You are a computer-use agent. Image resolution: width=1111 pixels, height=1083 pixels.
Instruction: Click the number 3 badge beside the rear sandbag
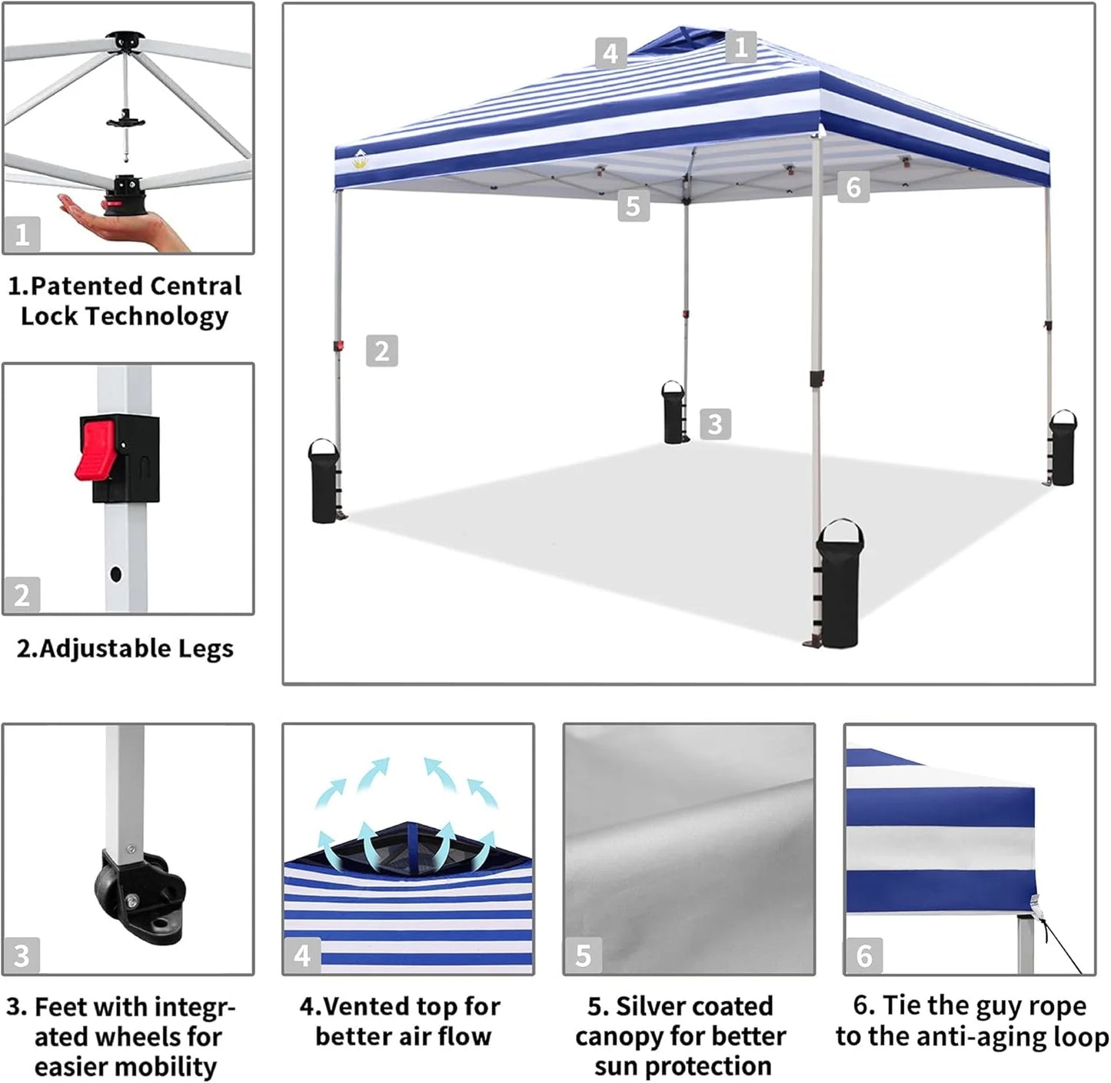(x=715, y=424)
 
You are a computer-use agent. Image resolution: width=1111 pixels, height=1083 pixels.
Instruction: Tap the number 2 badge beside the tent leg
(x=381, y=350)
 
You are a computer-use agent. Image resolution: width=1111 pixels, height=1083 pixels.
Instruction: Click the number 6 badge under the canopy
(x=853, y=186)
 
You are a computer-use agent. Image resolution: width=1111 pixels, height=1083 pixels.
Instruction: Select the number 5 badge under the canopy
(x=633, y=205)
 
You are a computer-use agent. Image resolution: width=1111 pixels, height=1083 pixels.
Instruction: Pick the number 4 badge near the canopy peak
(x=610, y=53)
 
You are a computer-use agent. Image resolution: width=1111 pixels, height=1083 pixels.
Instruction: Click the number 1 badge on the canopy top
(x=740, y=47)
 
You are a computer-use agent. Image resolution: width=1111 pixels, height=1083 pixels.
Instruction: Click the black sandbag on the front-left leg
(x=324, y=481)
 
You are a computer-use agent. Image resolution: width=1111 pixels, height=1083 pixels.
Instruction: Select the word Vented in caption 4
(x=364, y=1006)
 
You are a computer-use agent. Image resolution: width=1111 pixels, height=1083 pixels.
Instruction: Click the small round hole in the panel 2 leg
(x=115, y=573)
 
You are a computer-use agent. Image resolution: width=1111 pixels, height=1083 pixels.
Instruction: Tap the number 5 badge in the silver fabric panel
(x=583, y=955)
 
